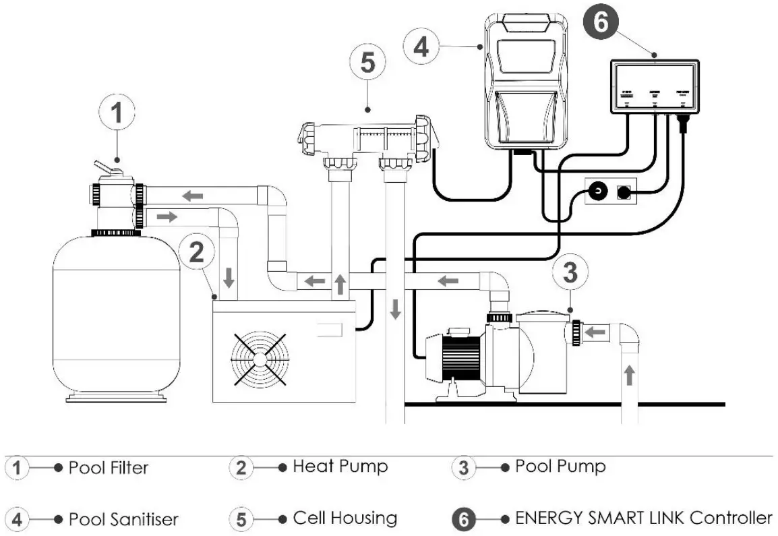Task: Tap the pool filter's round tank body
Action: pos(115,317)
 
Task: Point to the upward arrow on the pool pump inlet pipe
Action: pos(629,375)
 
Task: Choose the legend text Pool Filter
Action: pos(109,467)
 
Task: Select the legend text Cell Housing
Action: pos(345,518)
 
